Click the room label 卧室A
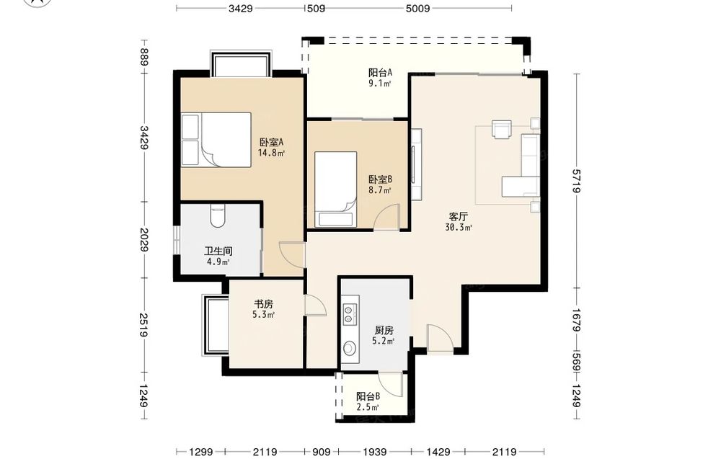coord(271,142)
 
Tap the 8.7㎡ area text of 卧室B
coord(380,190)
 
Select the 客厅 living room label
coord(459,216)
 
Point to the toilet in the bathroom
coord(217,216)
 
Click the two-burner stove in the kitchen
coord(350,313)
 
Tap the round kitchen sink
coord(350,348)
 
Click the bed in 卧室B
coord(336,189)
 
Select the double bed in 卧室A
coord(216,139)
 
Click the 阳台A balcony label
coord(380,73)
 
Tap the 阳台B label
coord(368,396)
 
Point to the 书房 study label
coord(264,304)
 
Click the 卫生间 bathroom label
coord(218,251)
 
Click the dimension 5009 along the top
coord(418,8)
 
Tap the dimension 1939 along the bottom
coord(375,452)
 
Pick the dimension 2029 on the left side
coord(144,239)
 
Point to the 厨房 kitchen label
coord(384,330)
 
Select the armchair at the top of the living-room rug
coord(502,129)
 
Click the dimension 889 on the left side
coord(144,58)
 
